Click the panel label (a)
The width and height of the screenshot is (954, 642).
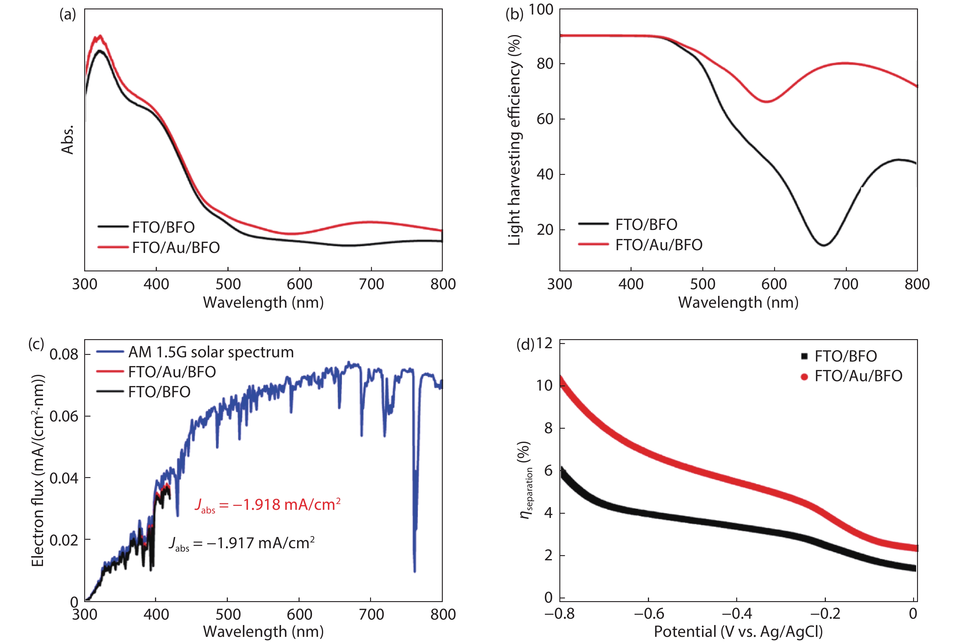point(68,15)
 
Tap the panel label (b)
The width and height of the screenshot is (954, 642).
point(514,15)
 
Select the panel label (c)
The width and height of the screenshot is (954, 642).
point(36,343)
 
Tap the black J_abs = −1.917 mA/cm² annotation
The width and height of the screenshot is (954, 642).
point(241,543)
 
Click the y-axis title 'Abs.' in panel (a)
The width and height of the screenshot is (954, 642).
point(68,139)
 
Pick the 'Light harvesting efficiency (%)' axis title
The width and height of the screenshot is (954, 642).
point(514,139)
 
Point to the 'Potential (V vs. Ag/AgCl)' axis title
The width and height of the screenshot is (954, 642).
point(738,632)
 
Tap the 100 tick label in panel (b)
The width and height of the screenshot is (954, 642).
point(541,9)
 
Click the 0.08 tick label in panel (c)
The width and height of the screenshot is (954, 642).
point(64,354)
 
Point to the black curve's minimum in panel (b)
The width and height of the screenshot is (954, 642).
point(823,245)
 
